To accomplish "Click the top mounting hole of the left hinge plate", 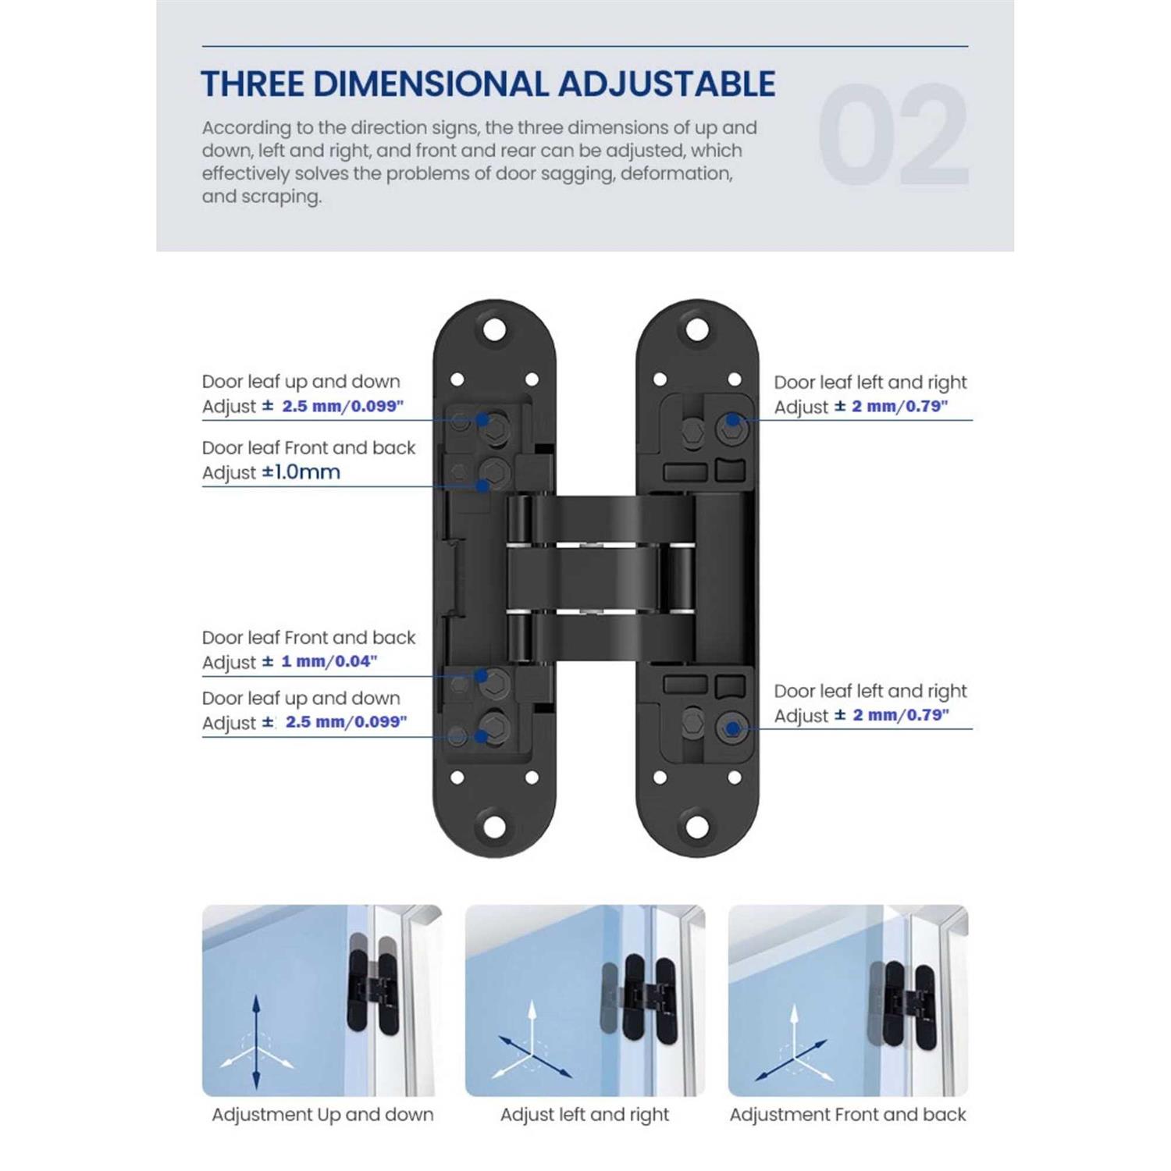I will [x=493, y=329].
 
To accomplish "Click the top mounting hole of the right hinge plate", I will [x=697, y=329].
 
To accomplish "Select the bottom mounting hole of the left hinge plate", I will [x=493, y=826].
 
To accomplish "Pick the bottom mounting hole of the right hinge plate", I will [x=697, y=826].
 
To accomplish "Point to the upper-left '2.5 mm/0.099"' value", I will [x=342, y=406].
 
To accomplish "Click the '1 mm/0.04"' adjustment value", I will [x=329, y=661].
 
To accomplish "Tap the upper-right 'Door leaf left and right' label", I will [x=870, y=382].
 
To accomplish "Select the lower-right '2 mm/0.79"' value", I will [x=900, y=715].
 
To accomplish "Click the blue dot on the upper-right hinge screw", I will [x=733, y=420].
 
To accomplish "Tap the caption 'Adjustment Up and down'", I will [x=322, y=1115].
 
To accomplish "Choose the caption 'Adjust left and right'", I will [x=585, y=1115].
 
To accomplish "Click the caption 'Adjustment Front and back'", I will [x=848, y=1115].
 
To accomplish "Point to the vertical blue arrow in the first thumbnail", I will [x=256, y=1042].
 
